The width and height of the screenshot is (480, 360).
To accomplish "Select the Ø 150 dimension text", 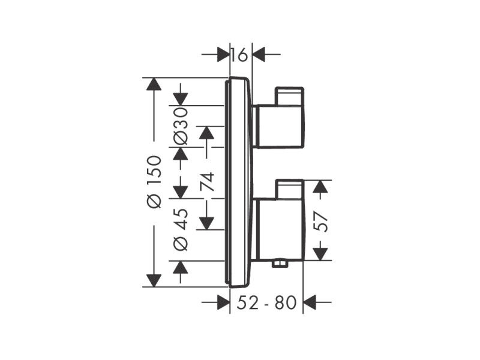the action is pos(154,182).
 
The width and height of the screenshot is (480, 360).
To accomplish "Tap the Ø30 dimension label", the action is pos(181,126).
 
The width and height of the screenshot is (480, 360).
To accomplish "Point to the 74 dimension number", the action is pos(207,182).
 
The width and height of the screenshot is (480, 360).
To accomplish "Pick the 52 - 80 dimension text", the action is pos(266,303).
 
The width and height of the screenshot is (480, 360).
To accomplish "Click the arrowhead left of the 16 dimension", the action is pos(223,55).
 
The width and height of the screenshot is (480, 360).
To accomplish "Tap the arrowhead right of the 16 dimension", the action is pos(259,55).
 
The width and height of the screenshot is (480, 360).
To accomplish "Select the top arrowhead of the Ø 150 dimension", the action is pos(154,84).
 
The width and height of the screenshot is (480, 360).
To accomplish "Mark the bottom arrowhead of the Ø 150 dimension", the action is pos(154,280).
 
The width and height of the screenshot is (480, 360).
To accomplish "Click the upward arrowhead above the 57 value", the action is pos(320,187).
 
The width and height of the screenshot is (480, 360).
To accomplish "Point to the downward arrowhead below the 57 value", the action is pos(320,254).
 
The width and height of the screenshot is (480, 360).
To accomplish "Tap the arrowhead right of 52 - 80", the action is pos(309,302).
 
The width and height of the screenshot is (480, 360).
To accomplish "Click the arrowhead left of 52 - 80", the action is pos(223,302).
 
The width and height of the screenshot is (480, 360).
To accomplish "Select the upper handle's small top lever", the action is pos(290,97).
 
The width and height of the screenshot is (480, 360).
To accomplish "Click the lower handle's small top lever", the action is pos(290,190).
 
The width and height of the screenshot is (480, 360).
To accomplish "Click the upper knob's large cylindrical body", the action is pos(280,127).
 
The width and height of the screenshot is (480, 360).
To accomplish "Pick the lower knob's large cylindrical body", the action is pos(280,230).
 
